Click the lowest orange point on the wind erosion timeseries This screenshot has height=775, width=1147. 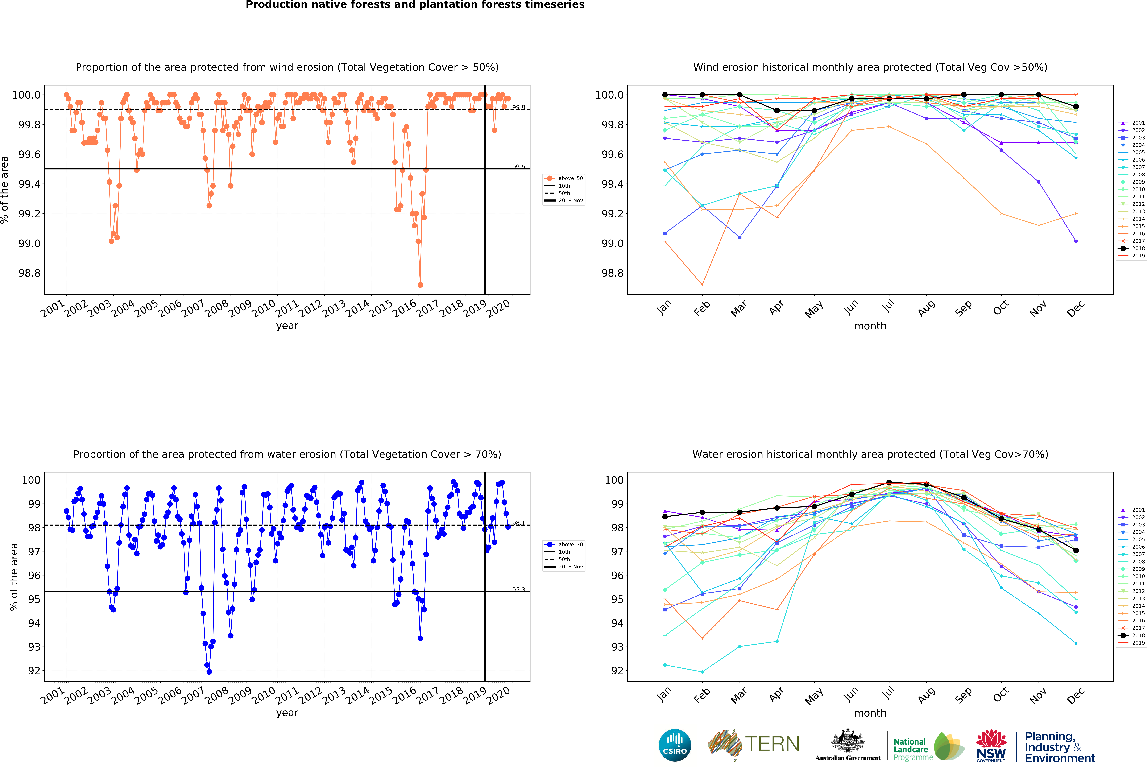click(420, 285)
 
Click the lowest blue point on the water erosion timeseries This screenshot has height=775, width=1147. click(209, 672)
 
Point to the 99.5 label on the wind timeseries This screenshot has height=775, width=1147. click(518, 167)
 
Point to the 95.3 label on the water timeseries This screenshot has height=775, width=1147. click(518, 589)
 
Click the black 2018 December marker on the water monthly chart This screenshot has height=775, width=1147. click(1076, 550)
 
